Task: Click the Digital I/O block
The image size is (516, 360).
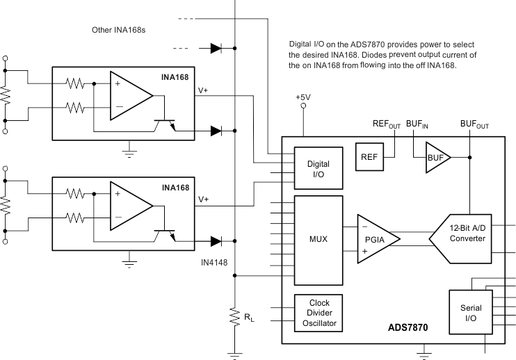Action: (x=319, y=168)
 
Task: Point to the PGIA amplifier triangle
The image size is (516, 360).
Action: (x=377, y=239)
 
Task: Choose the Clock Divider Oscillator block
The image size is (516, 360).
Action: (x=319, y=313)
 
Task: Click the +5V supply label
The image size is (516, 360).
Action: (x=303, y=98)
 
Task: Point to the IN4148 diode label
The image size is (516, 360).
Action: (x=213, y=263)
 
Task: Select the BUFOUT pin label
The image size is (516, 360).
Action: (x=474, y=124)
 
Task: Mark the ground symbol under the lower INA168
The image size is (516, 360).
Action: (x=128, y=262)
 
